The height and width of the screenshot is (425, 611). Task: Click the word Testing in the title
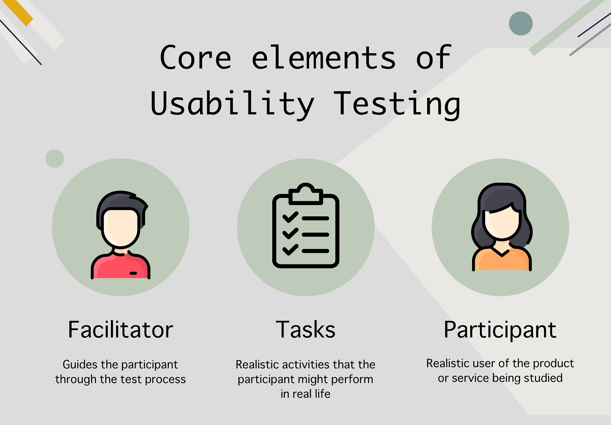(397, 104)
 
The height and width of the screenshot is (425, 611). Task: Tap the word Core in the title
(196, 57)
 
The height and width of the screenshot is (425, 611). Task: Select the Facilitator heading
(120, 330)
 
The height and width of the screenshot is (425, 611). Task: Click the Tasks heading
(305, 330)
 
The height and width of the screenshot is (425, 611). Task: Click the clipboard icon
(305, 226)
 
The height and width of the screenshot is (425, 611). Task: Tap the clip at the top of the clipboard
(305, 194)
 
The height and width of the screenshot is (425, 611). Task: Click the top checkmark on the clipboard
(290, 217)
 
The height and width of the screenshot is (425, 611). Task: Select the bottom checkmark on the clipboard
(290, 249)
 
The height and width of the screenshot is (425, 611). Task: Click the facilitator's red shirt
(120, 266)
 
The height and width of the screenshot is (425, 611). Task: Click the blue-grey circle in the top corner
(521, 24)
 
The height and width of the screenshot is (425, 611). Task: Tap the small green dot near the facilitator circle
(54, 158)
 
